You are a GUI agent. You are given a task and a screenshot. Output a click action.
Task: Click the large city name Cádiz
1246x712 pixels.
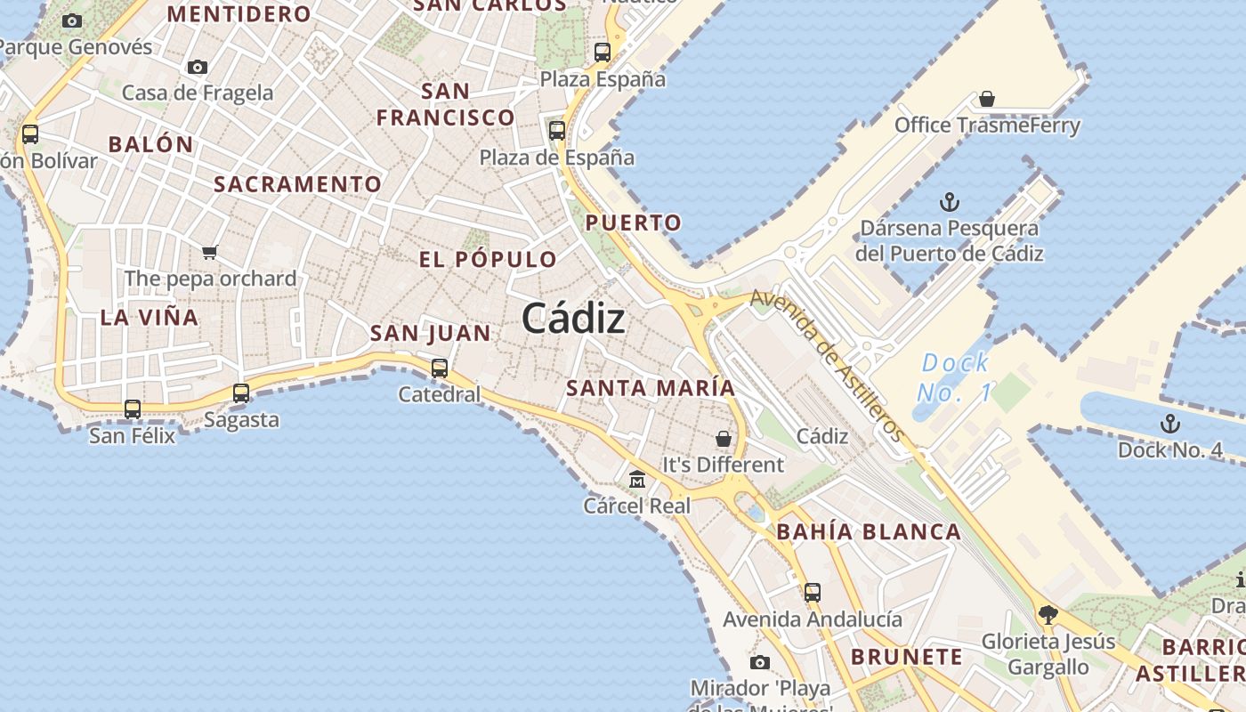(573, 318)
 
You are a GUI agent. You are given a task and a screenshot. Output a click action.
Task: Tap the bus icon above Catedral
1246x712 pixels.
(439, 368)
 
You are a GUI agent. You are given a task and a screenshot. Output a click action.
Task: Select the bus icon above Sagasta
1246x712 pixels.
(240, 392)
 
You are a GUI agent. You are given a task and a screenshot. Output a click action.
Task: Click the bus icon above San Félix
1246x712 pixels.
(133, 409)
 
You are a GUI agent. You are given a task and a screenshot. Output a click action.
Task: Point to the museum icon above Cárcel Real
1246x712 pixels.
(637, 480)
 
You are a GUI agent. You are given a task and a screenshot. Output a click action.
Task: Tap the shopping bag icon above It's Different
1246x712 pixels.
(724, 439)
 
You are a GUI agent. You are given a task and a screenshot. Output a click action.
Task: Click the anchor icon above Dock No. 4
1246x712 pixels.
(1169, 424)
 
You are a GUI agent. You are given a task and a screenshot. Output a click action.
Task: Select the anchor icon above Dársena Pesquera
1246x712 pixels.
(949, 202)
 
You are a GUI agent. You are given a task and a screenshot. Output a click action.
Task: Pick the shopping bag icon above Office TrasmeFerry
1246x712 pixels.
(986, 99)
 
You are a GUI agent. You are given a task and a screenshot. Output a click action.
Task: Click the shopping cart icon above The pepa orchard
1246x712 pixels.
(210, 252)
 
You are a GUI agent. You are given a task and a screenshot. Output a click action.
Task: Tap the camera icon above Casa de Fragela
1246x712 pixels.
(198, 67)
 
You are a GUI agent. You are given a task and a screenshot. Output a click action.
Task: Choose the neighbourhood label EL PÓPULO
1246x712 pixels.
(488, 260)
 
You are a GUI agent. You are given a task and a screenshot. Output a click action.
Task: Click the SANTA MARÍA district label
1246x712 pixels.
(651, 388)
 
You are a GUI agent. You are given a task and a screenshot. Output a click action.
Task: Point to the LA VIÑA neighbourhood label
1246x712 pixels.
(150, 318)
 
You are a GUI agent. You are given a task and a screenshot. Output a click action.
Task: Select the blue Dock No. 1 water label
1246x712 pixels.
(954, 377)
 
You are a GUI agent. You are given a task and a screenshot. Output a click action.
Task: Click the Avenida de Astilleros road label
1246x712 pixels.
(827, 365)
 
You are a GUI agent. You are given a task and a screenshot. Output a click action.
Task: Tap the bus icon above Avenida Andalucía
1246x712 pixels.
(812, 592)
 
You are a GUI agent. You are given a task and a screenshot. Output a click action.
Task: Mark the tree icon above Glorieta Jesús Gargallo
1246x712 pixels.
(1048, 614)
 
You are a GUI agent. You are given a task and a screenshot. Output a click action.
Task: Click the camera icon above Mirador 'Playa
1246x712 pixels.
(759, 662)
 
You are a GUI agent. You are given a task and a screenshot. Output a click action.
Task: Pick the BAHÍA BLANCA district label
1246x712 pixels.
(869, 533)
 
